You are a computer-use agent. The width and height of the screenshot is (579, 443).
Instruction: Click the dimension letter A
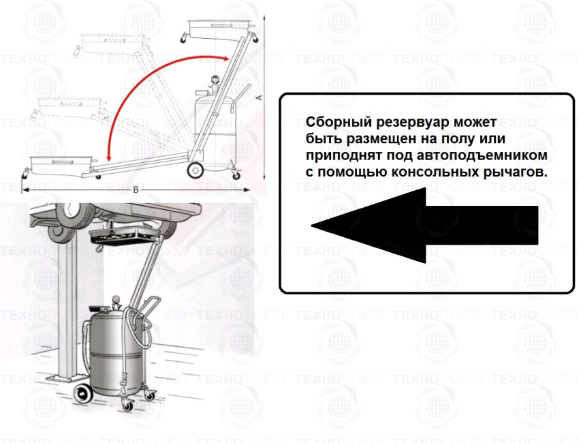260,97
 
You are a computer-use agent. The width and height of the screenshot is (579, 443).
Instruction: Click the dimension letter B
136,190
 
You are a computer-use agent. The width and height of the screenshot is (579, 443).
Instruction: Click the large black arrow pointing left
424,226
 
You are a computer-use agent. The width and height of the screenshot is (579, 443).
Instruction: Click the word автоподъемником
482,155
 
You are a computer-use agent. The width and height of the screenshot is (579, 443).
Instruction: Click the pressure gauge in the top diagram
213,80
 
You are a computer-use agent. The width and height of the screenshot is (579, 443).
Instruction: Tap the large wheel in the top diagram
195,170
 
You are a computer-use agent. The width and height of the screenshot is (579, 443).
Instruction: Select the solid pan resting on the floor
61,165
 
